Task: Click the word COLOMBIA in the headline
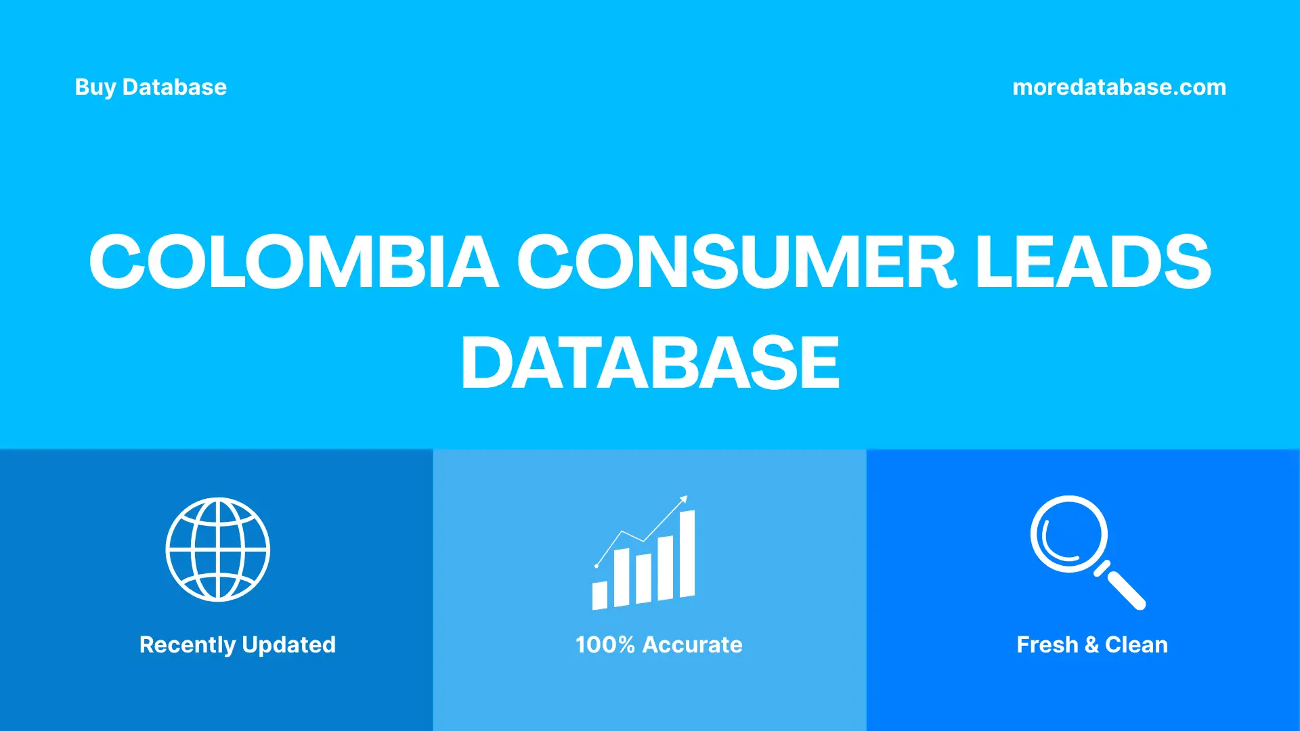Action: (x=294, y=262)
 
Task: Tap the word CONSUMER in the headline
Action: (x=736, y=262)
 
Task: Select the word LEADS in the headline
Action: (x=1093, y=262)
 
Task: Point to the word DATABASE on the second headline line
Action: (x=650, y=363)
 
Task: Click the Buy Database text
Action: (x=150, y=87)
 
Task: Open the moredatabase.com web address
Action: (x=1119, y=87)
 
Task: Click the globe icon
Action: (x=218, y=550)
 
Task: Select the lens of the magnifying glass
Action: (x=1068, y=534)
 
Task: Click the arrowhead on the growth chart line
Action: (x=684, y=500)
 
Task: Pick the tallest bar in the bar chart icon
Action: (x=687, y=554)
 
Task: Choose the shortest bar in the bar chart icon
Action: (x=599, y=595)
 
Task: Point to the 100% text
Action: (x=605, y=645)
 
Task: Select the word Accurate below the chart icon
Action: (x=692, y=645)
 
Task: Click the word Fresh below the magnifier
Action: (x=1047, y=645)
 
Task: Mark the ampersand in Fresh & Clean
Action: (x=1091, y=645)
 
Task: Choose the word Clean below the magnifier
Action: (x=1136, y=645)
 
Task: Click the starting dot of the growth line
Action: (x=597, y=565)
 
